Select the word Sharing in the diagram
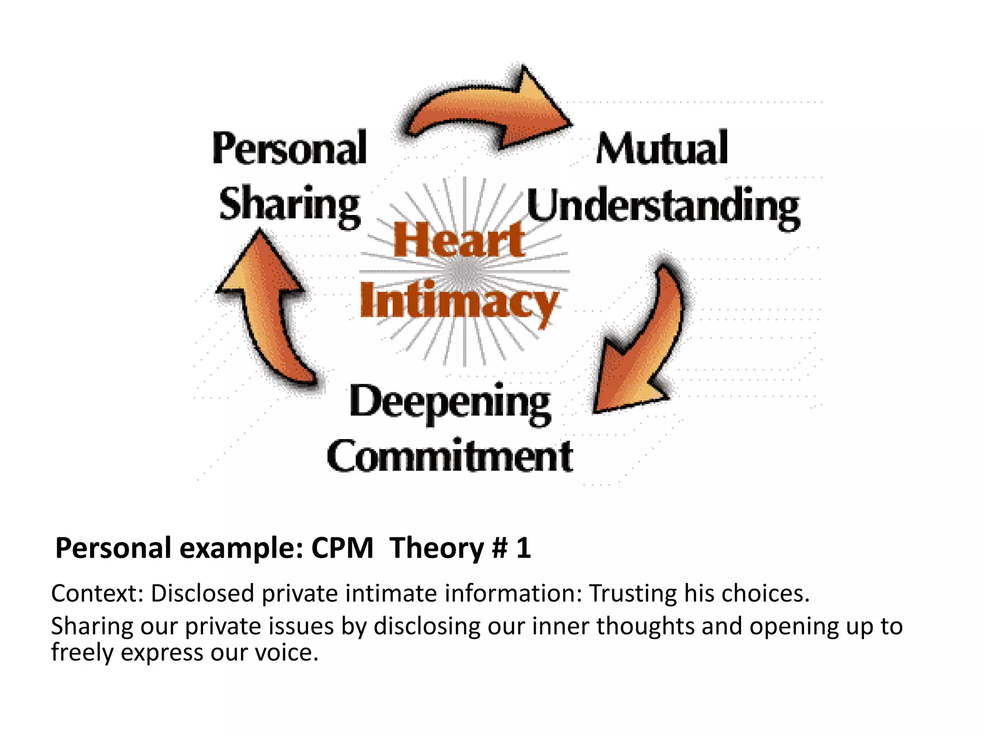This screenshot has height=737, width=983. coord(289,205)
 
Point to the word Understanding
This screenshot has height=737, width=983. coord(663,207)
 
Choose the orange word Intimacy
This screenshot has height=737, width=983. coord(459,301)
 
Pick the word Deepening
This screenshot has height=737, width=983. coord(450,403)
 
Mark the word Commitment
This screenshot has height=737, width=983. coord(450,456)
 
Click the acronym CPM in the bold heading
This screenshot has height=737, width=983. coord(342,548)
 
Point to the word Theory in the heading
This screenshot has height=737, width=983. coord(436,548)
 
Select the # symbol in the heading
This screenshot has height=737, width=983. coord(500,548)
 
